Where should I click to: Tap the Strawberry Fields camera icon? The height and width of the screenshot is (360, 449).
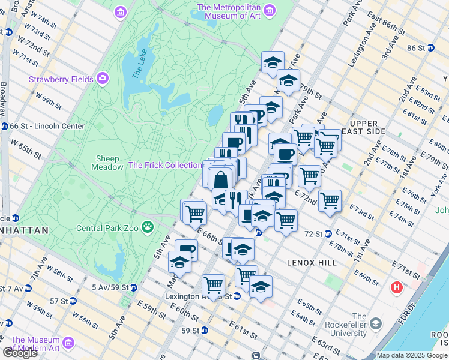(103, 79)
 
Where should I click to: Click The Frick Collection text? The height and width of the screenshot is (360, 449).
(165, 165)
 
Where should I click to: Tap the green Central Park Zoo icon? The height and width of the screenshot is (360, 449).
(147, 227)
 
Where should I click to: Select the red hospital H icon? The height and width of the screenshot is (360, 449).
(396, 288)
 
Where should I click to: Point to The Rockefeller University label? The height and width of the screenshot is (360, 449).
(360, 325)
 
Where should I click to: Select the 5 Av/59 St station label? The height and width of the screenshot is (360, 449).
(110, 287)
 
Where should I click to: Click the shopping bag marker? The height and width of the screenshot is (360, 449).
(221, 179)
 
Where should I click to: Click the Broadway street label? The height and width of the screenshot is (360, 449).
(4, 99)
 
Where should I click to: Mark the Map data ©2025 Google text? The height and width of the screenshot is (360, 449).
(412, 355)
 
